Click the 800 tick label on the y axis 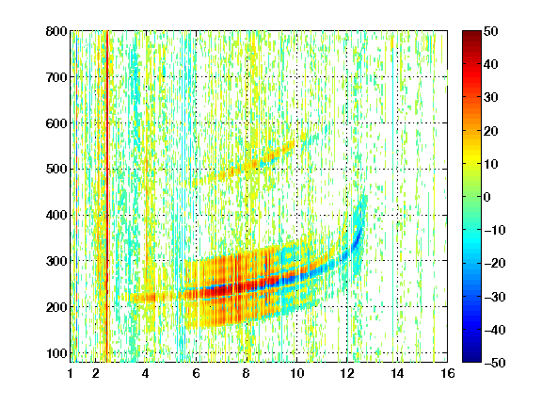(x=56, y=31)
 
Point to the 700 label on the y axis (x=56, y=77)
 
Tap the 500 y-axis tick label (x=56, y=170)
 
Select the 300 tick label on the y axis (x=56, y=261)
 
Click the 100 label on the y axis (x=56, y=353)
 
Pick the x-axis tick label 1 (x=71, y=373)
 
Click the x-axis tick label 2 (x=96, y=373)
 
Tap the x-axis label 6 (x=197, y=373)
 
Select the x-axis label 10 (x=296, y=373)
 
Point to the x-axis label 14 (x=397, y=373)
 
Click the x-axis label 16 (x=448, y=373)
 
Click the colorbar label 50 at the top (x=490, y=31)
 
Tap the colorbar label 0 (x=487, y=197)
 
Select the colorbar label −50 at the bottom (x=494, y=363)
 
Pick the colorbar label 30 (x=490, y=98)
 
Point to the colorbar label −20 (x=494, y=263)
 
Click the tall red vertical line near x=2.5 (x=107, y=194)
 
